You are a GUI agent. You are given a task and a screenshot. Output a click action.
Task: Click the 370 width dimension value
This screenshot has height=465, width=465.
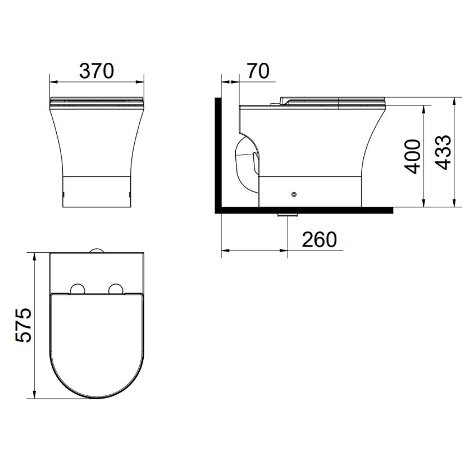click(x=97, y=71)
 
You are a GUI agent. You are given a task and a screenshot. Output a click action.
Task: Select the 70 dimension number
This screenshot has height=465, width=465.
click(x=258, y=71)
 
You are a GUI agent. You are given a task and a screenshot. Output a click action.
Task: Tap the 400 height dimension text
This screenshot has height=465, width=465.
click(x=413, y=156)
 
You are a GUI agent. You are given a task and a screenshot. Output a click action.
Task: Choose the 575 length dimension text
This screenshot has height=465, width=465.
click(x=23, y=326)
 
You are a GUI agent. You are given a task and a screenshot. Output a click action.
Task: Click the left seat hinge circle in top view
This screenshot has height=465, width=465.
click(x=77, y=289)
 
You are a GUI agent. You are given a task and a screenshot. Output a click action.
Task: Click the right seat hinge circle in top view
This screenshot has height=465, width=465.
click(x=116, y=289)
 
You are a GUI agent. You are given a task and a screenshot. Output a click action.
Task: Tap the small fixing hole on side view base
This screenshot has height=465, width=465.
click(x=294, y=194)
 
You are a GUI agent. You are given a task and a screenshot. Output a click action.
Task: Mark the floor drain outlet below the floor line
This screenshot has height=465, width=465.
click(x=287, y=215)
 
